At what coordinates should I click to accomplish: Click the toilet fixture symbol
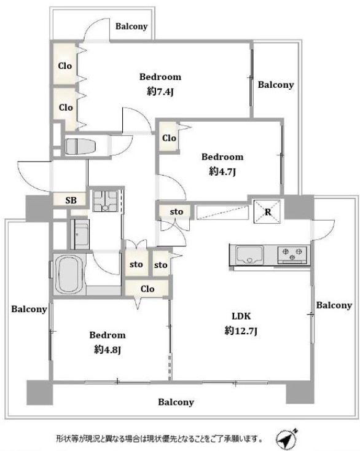point(80,147)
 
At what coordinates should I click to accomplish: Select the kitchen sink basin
point(249,254)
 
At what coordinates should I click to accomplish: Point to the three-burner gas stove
point(292,255)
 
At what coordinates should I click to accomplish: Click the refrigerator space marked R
point(267,212)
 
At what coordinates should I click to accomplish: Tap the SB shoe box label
point(71,200)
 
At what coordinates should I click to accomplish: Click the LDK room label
point(241,316)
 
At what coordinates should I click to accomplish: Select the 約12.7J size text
point(241,331)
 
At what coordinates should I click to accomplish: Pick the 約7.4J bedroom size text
point(160,92)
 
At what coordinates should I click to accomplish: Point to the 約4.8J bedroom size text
point(108,350)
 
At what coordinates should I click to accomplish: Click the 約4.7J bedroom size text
point(222,171)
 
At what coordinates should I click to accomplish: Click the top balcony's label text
point(131,26)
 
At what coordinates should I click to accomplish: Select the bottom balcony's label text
point(176,402)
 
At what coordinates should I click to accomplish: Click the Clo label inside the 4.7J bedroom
point(169,138)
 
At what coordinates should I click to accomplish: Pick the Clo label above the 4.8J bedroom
point(147,289)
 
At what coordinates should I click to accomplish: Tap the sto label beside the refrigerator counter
point(176,212)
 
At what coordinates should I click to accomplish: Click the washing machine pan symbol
point(105,201)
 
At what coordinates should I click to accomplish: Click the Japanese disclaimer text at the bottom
point(159,439)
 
